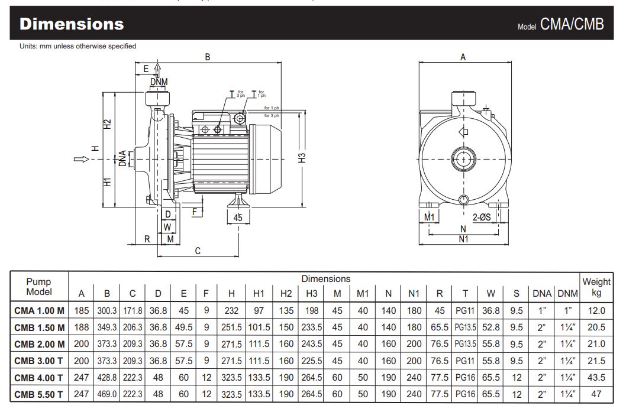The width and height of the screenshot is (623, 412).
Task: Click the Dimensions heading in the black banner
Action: [72, 24]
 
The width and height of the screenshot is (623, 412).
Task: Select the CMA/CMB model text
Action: [572, 24]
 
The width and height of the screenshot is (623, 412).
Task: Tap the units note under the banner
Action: [78, 46]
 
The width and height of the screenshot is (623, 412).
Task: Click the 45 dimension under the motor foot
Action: [238, 218]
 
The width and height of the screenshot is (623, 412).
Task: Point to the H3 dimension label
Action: [302, 158]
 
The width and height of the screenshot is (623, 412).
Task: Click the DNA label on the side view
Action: [123, 158]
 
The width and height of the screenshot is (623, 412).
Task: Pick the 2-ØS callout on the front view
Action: [482, 217]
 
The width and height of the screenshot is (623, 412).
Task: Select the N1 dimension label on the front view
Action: [463, 239]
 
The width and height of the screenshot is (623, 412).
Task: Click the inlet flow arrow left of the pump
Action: [82, 159]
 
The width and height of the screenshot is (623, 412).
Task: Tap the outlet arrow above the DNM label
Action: [158, 70]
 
